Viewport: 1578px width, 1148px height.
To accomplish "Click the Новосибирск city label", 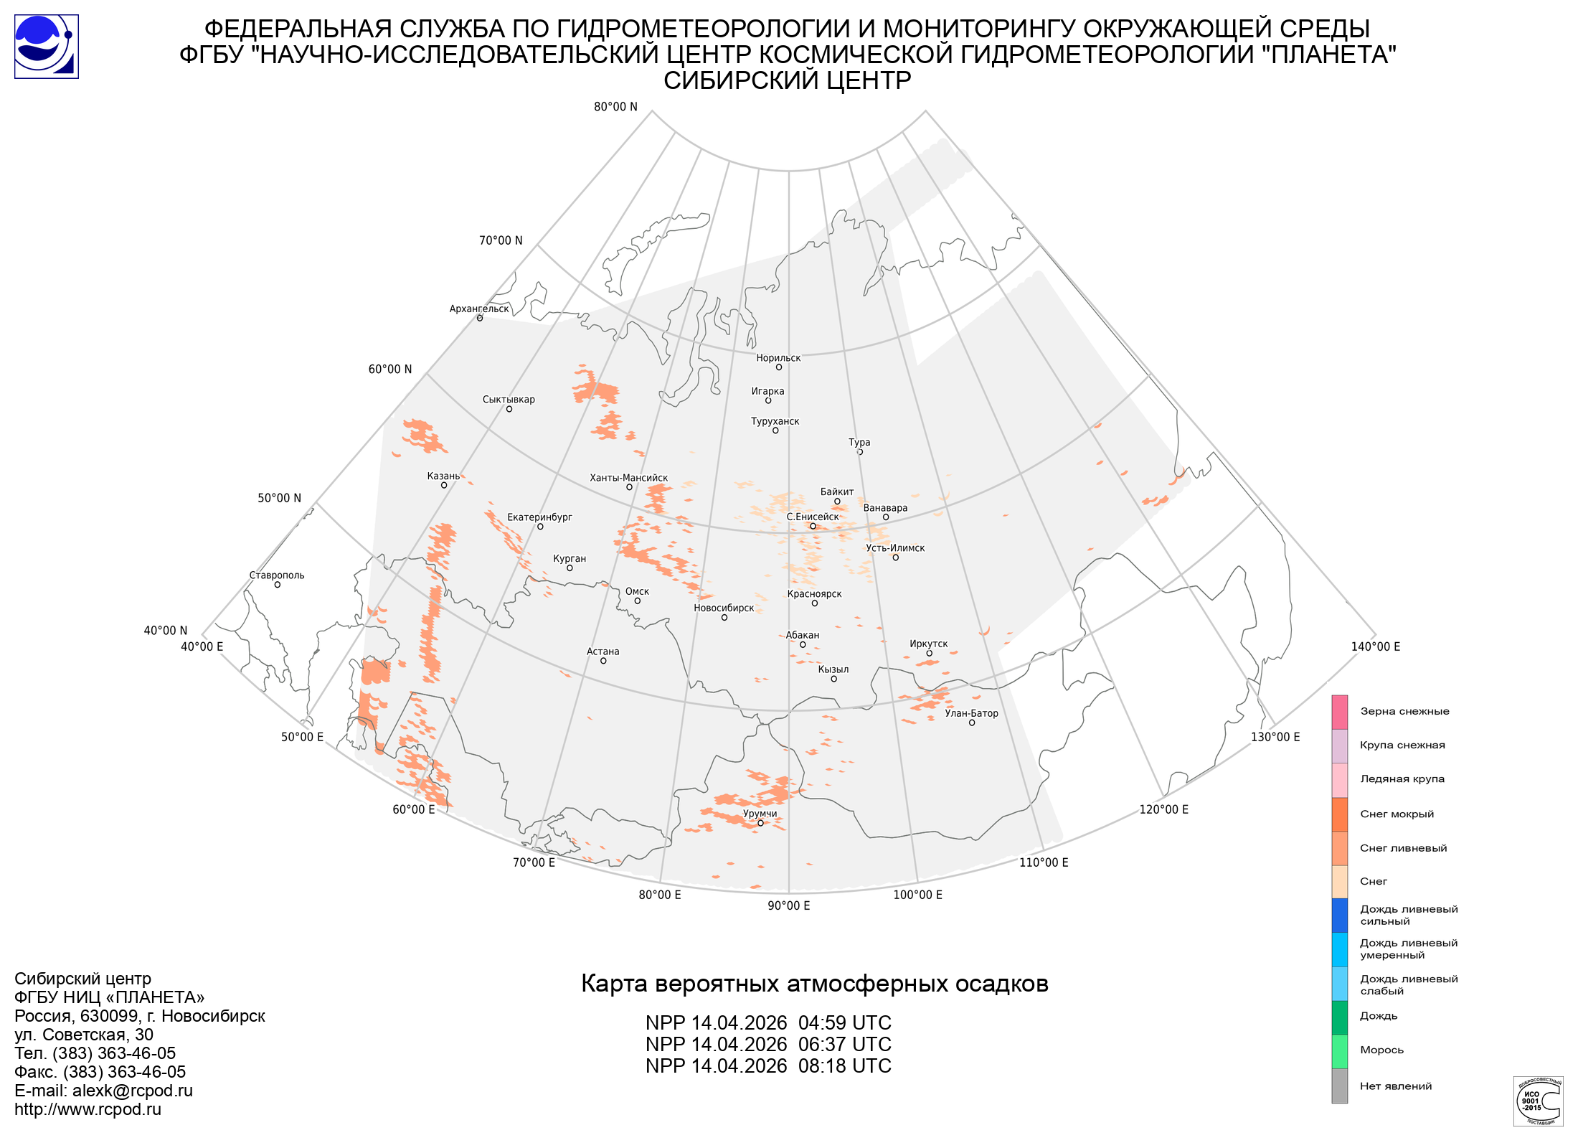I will point(724,608).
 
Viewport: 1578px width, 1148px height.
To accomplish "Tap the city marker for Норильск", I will point(778,367).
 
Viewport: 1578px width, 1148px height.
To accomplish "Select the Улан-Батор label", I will point(971,713).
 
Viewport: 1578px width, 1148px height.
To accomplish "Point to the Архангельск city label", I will point(479,309).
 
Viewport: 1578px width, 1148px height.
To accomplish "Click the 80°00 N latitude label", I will point(615,107).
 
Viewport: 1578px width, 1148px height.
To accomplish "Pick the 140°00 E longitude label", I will point(1375,646).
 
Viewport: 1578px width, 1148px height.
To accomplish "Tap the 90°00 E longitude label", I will point(788,905).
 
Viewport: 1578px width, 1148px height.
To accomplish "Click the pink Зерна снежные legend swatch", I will point(1339,712).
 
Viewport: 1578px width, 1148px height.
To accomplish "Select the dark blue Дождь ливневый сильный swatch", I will point(1339,916).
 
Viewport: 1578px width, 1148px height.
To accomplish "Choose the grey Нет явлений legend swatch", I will point(1339,1086).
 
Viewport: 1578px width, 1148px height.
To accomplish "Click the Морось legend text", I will point(1381,1050).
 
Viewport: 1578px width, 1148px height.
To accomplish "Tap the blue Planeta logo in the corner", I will point(47,47).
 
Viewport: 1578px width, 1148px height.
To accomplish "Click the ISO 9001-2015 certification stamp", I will point(1538,1101).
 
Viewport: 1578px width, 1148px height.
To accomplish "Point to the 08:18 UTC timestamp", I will point(844,1066).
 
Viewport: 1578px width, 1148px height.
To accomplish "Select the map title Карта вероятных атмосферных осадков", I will point(814,984).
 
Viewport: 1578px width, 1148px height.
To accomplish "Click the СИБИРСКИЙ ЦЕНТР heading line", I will point(787,80).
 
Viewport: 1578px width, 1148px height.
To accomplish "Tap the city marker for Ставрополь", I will point(278,585).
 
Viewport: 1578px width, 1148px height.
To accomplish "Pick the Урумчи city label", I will point(760,814).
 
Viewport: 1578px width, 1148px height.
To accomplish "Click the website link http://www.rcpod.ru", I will point(88,1109).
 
